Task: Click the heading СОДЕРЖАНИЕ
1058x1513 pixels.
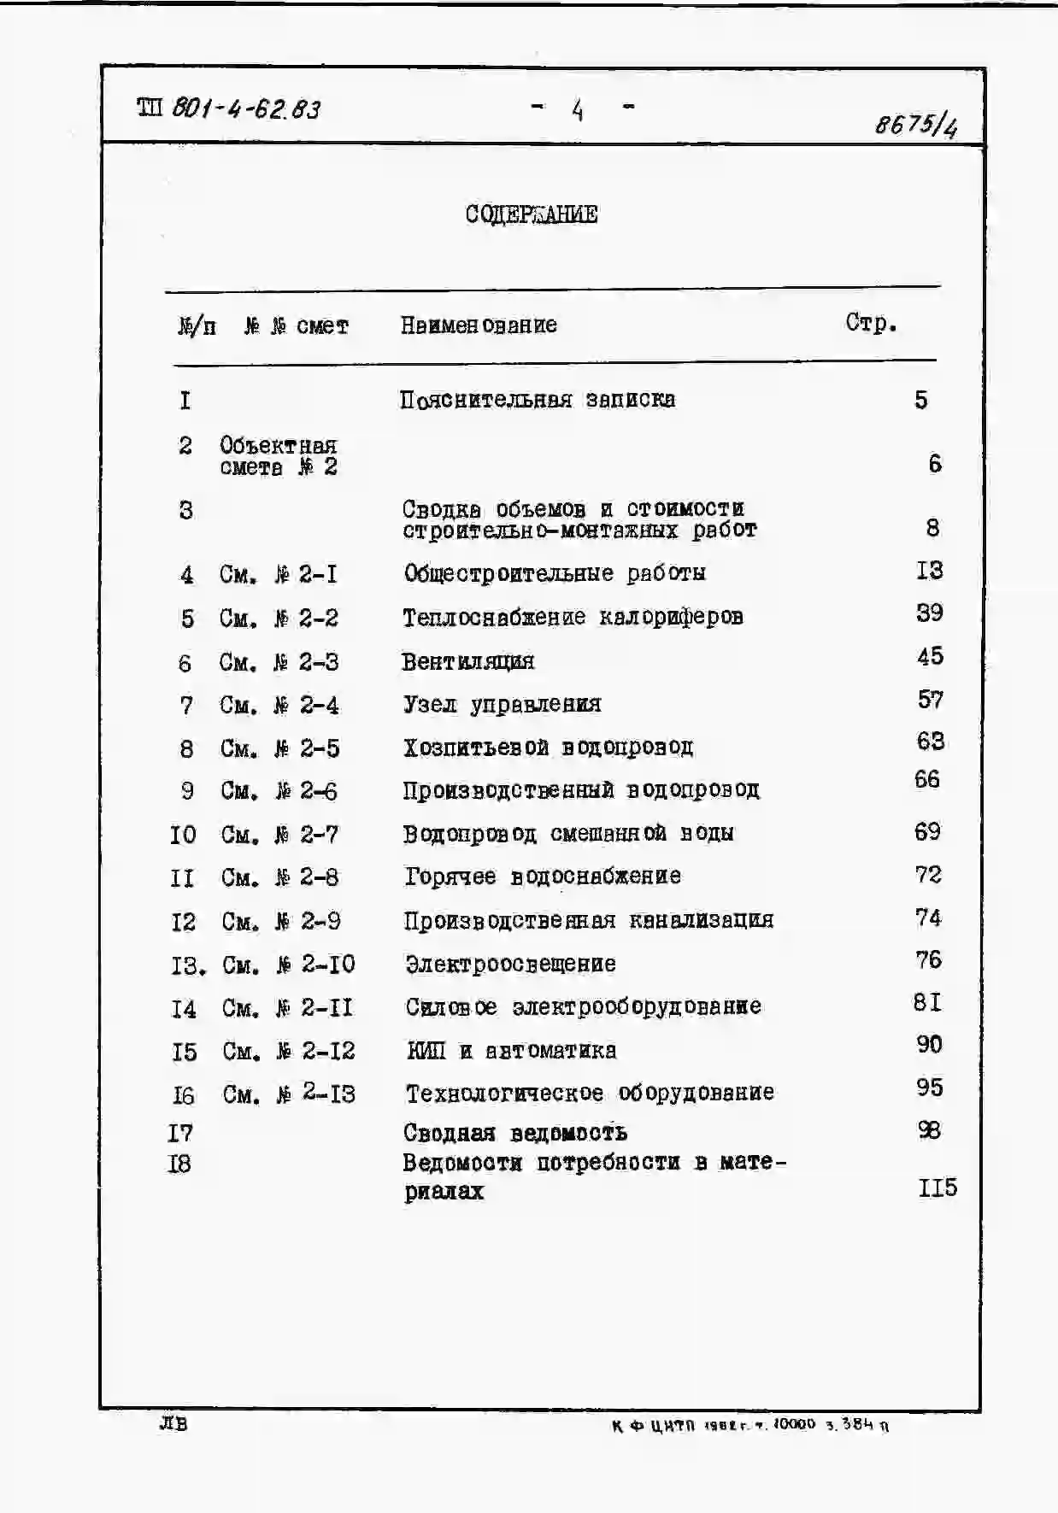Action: tap(531, 214)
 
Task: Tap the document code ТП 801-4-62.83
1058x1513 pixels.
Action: tap(228, 108)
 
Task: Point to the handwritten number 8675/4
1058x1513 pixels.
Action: tap(915, 126)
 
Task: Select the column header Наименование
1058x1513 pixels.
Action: tap(479, 325)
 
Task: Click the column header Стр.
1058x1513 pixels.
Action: tap(871, 323)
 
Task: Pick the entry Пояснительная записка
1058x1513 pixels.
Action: tap(537, 400)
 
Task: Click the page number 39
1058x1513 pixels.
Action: tap(929, 613)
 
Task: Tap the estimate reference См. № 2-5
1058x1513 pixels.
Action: tap(279, 748)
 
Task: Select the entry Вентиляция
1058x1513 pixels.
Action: tap(467, 661)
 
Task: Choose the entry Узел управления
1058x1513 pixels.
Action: tap(502, 705)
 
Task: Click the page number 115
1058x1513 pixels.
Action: tap(937, 1188)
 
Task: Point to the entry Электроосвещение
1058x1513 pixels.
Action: tap(510, 964)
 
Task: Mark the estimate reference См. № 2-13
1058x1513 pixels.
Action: tap(289, 1094)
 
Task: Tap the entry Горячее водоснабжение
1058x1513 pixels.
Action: tap(543, 877)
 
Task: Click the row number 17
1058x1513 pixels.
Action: tap(180, 1133)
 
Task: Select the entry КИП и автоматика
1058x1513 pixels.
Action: tap(511, 1050)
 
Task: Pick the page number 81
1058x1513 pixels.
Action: tap(927, 1001)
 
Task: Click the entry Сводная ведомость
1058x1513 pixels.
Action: tap(514, 1133)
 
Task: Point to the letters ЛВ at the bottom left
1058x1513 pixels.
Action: tap(173, 1423)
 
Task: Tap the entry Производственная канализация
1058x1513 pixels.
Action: tap(589, 920)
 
